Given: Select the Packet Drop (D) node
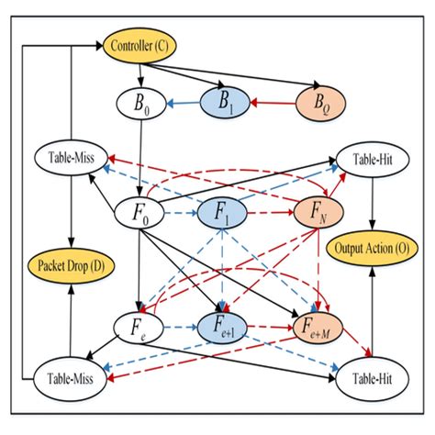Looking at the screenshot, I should click(x=70, y=267).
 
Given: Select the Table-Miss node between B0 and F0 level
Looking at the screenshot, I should click(x=72, y=157).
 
